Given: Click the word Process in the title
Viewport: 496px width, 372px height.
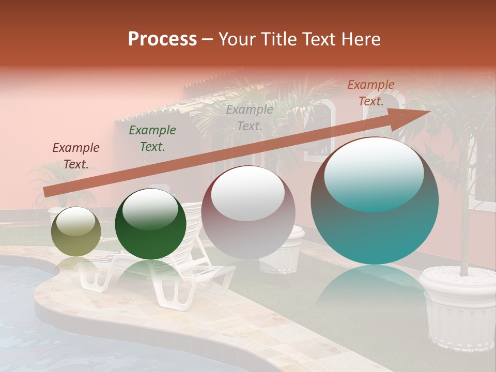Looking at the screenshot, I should (162, 39).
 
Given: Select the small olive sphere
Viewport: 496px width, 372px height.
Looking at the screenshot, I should (76, 232).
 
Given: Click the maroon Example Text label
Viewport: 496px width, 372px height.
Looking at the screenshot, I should (76, 156).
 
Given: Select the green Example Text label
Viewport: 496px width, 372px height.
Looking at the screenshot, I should (152, 138).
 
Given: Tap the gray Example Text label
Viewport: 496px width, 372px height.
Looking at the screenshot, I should (250, 118).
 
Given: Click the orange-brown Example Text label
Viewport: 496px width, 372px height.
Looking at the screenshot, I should (370, 93).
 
